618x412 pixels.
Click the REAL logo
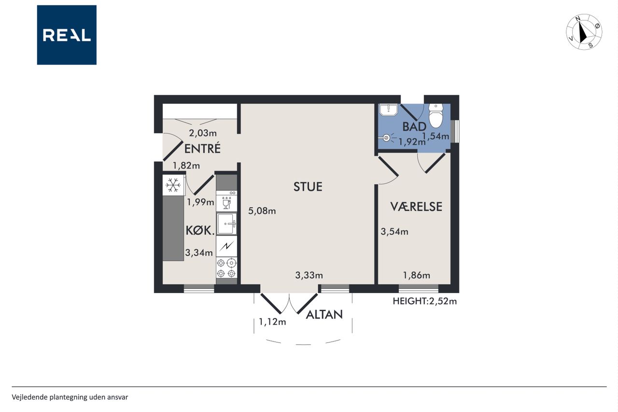67,35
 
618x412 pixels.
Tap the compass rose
584,32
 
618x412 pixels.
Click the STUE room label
308,187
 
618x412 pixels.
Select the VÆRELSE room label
416,206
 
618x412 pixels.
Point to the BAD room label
414,127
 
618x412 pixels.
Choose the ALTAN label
324,314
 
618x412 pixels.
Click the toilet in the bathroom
435,115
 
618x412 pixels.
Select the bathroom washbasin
388,110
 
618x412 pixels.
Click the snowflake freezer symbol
173,185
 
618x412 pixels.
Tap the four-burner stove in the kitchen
226,268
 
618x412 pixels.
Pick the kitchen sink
226,224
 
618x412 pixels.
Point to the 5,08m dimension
262,211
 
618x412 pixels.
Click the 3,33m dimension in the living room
309,275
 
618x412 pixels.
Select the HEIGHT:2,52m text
424,301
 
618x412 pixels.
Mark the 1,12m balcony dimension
272,322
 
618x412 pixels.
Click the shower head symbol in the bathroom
387,138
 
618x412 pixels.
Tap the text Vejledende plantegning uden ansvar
70,397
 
